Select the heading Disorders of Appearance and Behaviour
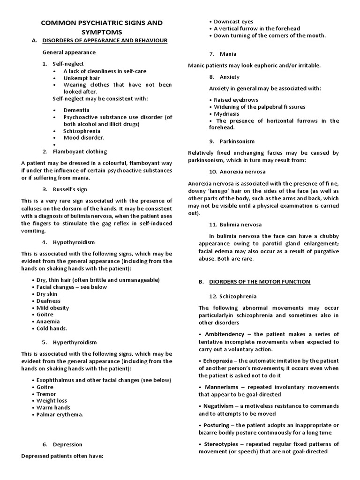coord(105,41)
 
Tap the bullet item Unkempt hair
coord(82,78)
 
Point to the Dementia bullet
coord(77,110)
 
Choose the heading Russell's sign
coord(71,189)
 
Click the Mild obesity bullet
coord(52,308)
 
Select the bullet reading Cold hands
coord(52,329)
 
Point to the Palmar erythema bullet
coord(60,415)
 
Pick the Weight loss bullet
coord(52,401)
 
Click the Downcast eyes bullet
coord(233,22)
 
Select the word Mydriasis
coord(227,113)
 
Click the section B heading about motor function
coord(259,282)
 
